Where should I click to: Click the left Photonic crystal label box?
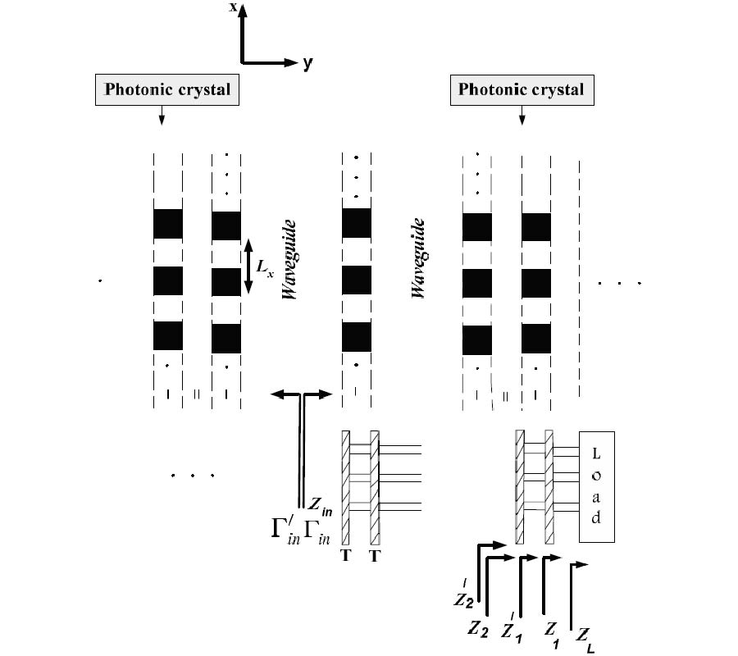pyautogui.click(x=168, y=90)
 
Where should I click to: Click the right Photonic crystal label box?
pyautogui.click(x=521, y=90)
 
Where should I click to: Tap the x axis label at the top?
pyautogui.click(x=234, y=7)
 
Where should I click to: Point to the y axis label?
pyautogui.click(x=307, y=62)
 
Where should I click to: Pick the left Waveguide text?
pyautogui.click(x=289, y=258)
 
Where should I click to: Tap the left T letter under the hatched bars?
pyautogui.click(x=344, y=556)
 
